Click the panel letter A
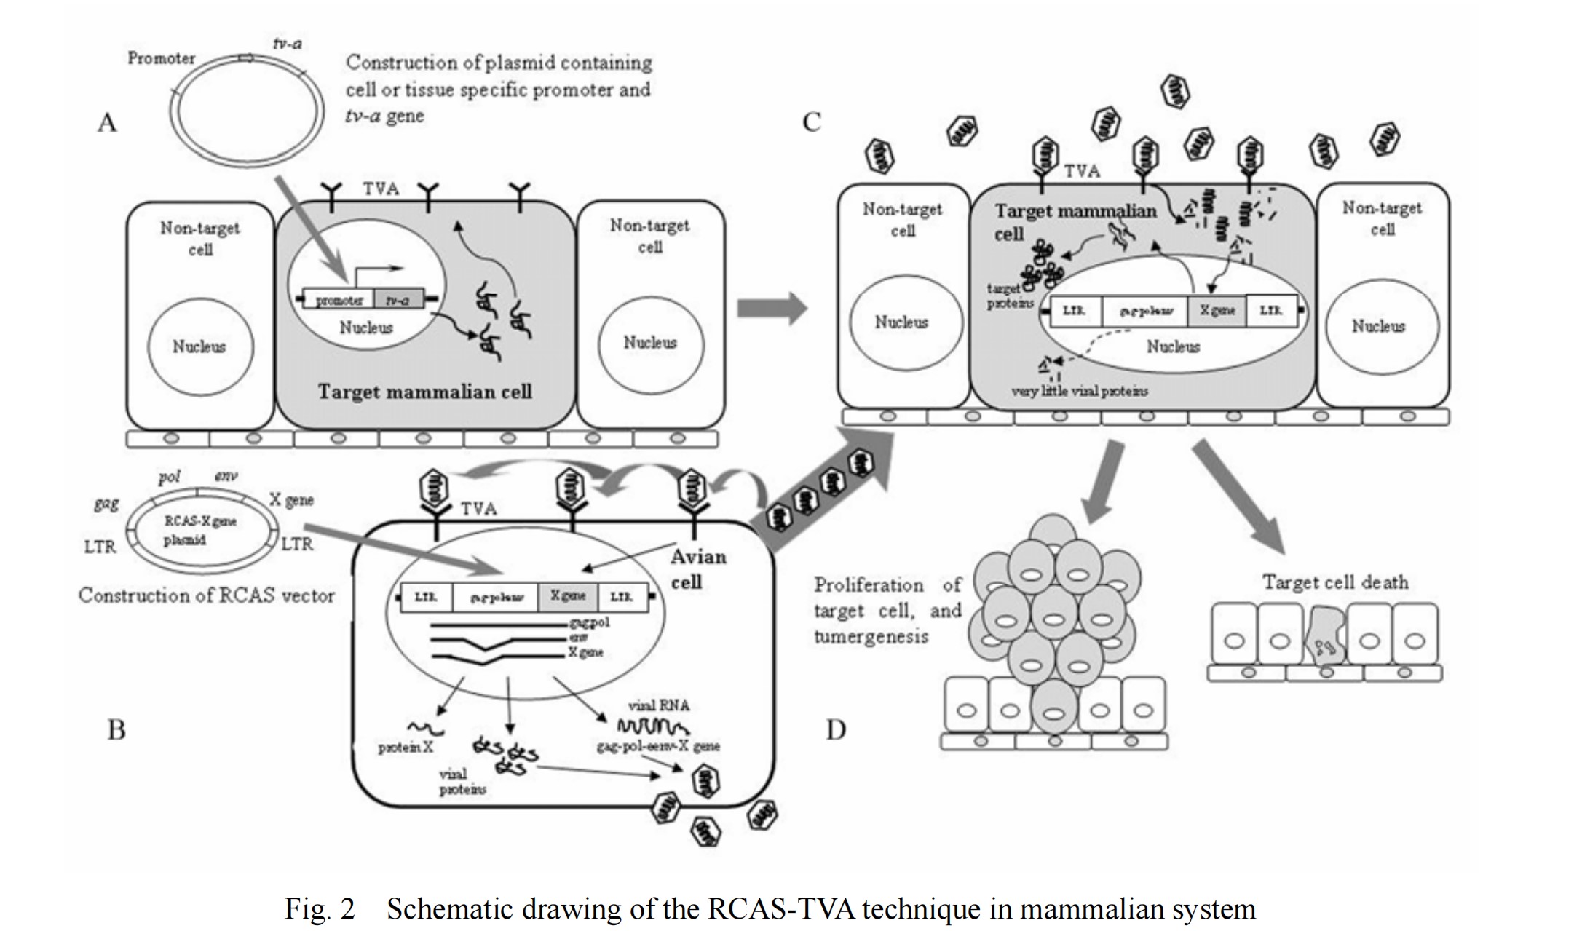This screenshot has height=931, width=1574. (x=107, y=122)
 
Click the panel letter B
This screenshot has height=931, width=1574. (x=116, y=729)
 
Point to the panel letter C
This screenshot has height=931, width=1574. (x=811, y=122)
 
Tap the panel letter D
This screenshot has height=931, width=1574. (x=836, y=729)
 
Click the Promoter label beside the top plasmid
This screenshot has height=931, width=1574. (x=161, y=58)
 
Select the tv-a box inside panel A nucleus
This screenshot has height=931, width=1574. (x=398, y=299)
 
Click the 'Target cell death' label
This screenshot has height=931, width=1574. (x=1335, y=582)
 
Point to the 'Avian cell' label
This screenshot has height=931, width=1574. (x=697, y=569)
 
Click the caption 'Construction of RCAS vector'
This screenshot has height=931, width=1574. (x=207, y=595)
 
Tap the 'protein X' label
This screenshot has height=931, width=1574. (x=406, y=748)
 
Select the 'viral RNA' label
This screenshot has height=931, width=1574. (x=658, y=705)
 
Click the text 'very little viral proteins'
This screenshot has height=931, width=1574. (x=1079, y=392)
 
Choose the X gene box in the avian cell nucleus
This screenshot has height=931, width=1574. (x=568, y=596)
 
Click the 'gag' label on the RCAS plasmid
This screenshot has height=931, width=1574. (x=106, y=503)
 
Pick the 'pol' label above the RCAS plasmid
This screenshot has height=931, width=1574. (x=169, y=477)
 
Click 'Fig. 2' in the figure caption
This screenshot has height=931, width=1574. (x=320, y=909)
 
